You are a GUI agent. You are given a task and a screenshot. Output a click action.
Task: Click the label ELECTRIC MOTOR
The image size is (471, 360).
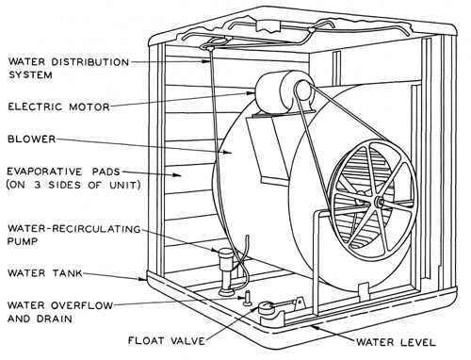(58, 106)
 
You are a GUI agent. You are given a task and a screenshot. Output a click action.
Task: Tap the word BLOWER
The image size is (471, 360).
(31, 139)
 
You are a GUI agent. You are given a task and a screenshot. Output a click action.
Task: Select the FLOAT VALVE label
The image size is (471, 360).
(167, 340)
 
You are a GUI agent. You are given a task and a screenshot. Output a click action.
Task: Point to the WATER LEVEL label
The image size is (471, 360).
(396, 342)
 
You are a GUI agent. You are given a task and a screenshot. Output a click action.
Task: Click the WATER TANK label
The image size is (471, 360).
(45, 273)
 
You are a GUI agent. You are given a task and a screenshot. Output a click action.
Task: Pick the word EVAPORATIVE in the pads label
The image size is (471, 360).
(44, 172)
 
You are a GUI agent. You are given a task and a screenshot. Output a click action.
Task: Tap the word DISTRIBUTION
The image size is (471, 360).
(90, 62)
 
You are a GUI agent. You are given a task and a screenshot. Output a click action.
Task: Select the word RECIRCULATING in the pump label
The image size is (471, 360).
(96, 229)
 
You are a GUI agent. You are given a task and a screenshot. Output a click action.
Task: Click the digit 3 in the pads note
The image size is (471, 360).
(38, 185)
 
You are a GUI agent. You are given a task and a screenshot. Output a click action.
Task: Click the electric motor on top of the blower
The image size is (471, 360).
(284, 91)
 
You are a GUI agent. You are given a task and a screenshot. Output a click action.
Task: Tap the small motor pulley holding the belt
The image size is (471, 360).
(303, 89)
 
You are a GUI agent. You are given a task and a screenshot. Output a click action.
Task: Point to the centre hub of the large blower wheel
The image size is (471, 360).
(380, 202)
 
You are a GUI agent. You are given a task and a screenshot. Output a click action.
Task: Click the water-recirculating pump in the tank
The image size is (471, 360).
(226, 271)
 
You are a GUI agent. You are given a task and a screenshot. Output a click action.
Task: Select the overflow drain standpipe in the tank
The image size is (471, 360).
(248, 298)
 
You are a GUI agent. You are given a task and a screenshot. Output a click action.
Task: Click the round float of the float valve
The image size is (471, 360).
(266, 307)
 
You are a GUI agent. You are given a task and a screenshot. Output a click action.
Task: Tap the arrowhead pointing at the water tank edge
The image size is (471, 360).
(142, 278)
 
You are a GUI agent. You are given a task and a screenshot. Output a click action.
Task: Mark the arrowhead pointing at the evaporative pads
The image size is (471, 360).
(177, 174)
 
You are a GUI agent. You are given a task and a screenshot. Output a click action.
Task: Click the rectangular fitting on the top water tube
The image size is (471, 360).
(268, 26)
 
